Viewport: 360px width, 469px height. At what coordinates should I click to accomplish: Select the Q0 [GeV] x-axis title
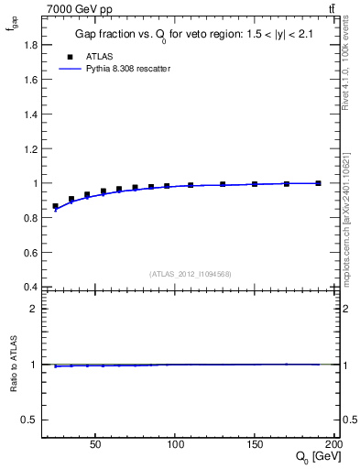click(x=316, y=456)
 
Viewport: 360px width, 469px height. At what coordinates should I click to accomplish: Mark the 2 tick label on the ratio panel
click(x=33, y=309)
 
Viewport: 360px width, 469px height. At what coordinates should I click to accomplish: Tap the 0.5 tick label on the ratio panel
click(x=29, y=420)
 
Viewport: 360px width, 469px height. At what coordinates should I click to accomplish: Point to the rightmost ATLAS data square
click(x=318, y=183)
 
